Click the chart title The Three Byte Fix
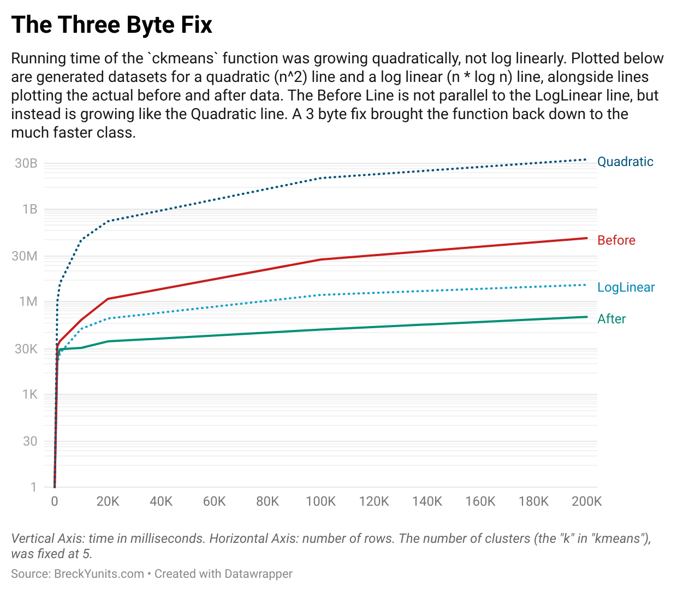(111, 25)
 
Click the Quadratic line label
(625, 162)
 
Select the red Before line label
(616, 240)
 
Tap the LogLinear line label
(626, 287)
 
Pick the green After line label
(611, 319)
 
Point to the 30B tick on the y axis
(26, 163)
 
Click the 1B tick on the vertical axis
(29, 209)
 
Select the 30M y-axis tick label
(25, 256)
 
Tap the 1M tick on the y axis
(28, 301)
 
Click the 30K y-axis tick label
(26, 348)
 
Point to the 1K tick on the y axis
(29, 394)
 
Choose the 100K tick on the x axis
(320, 501)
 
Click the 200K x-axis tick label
(586, 501)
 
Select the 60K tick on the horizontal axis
(214, 501)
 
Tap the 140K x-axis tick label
(427, 501)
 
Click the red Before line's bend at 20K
(108, 299)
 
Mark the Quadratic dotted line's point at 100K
(321, 178)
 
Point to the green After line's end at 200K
(586, 317)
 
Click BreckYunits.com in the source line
(99, 574)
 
